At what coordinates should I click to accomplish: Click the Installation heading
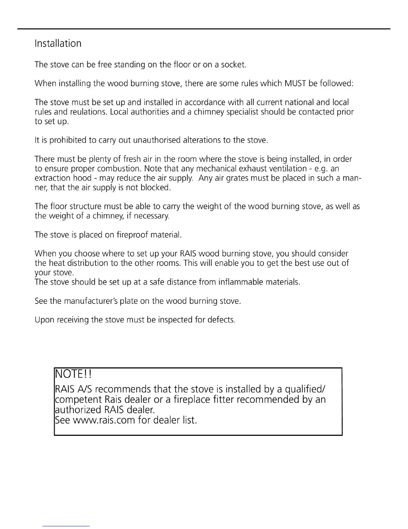[58, 43]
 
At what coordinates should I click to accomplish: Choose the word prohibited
[68, 140]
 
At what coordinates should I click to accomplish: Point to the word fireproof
[132, 235]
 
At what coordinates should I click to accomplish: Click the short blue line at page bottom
[66, 526]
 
